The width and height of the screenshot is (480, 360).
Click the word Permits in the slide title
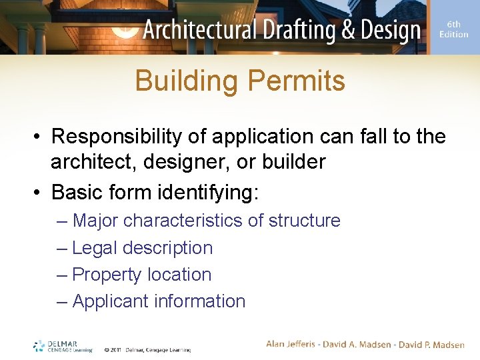click(296, 81)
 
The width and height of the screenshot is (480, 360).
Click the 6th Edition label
click(453, 29)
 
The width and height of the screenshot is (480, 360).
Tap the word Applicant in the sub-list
click(110, 301)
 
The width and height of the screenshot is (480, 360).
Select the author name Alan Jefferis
click(294, 344)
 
